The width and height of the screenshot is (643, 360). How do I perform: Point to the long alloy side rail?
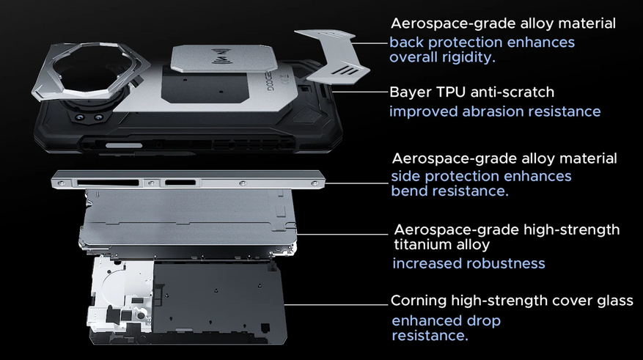(x=188, y=179)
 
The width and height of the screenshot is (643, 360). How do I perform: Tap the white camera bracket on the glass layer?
(x=119, y=295)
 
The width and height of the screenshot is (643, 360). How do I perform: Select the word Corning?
(x=418, y=301)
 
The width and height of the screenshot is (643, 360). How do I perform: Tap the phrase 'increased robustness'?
(x=469, y=263)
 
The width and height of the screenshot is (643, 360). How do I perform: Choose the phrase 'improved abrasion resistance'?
(x=495, y=111)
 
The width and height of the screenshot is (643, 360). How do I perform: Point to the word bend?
(x=409, y=191)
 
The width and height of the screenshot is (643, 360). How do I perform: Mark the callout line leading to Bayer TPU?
(x=360, y=92)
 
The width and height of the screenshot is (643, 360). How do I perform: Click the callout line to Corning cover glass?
(x=336, y=305)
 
